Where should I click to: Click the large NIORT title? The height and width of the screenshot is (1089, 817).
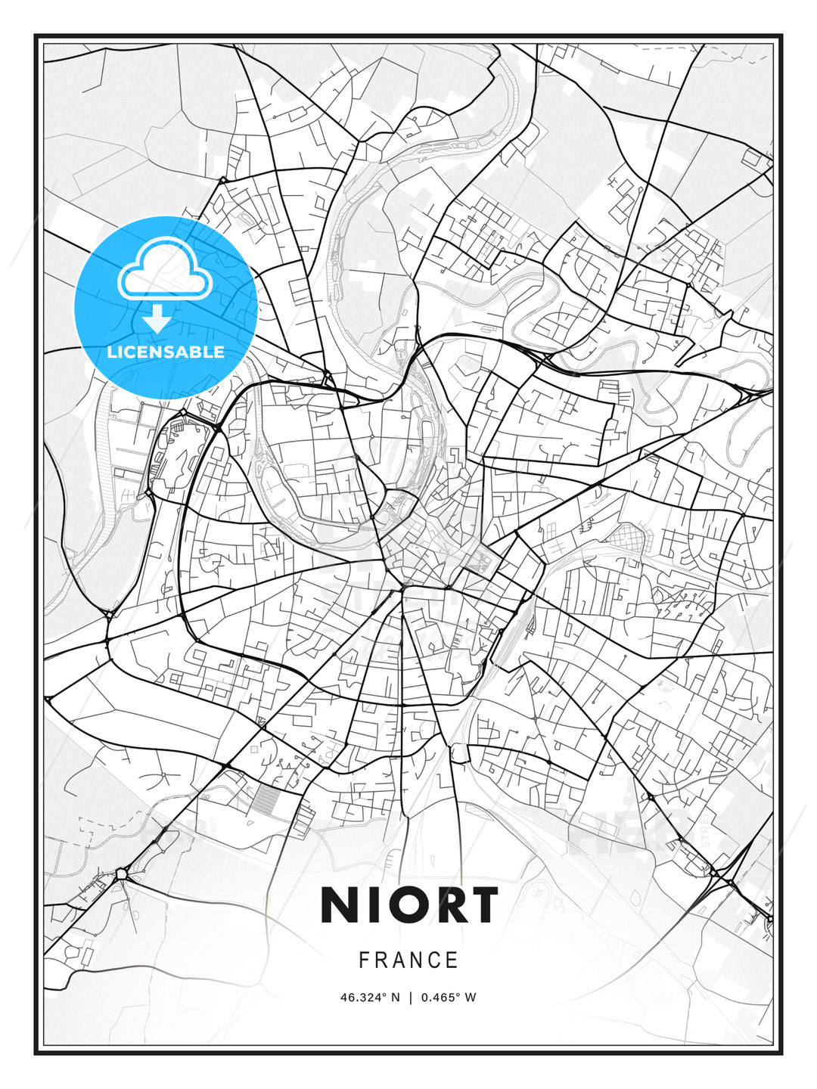[x=409, y=905]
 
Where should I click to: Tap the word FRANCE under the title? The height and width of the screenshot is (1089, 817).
[x=408, y=960]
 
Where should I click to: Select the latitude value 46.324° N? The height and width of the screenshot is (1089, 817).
[x=370, y=997]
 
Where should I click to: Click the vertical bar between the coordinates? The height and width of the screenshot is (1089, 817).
[x=409, y=997]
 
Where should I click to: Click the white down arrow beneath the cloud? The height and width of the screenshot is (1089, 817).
[x=157, y=319]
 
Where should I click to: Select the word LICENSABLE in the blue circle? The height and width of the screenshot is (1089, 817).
[x=166, y=352]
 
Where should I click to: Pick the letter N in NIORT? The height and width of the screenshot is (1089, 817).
[x=340, y=905]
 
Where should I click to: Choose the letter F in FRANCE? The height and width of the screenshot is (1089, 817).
[x=364, y=960]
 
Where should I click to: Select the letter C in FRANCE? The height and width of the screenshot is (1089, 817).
[x=435, y=960]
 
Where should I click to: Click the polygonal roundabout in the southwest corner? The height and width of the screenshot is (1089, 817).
[x=121, y=874]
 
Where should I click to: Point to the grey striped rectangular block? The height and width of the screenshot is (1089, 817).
[x=264, y=799]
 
